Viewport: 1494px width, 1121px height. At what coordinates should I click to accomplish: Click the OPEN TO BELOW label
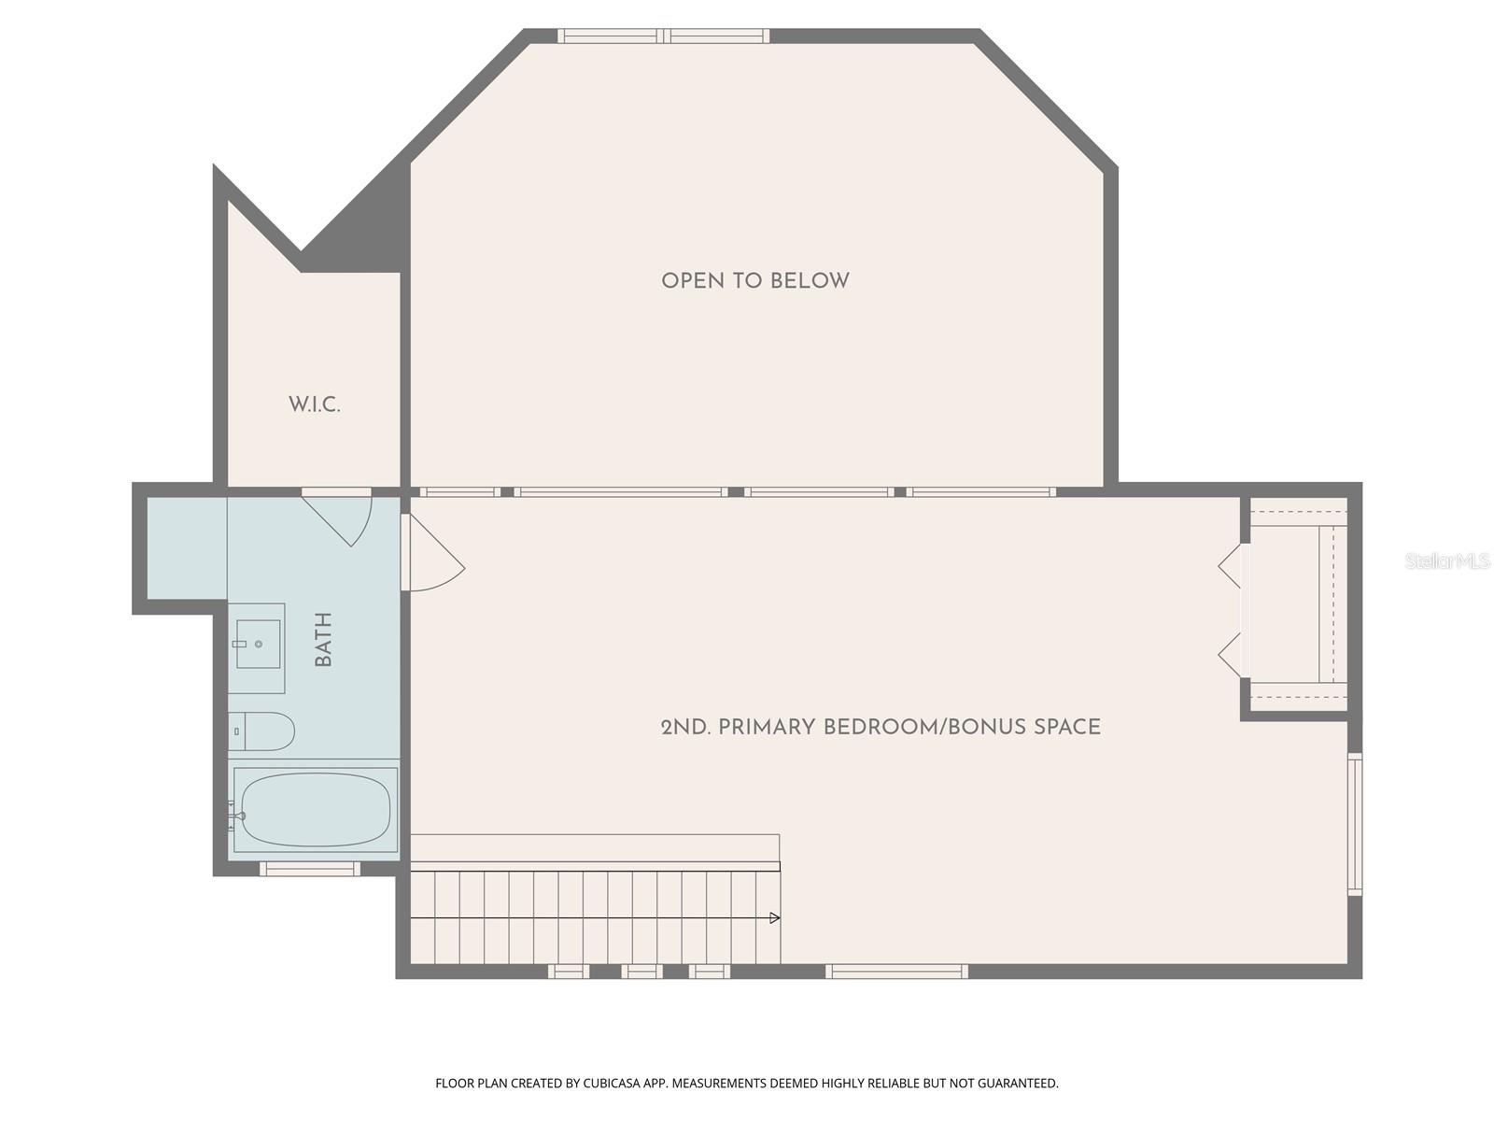tap(754, 281)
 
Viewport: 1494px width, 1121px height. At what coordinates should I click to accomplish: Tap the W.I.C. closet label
tap(314, 405)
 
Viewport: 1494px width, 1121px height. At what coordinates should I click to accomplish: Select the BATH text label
tap(324, 640)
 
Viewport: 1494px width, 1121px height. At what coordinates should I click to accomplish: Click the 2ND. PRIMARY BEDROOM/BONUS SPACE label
tap(881, 728)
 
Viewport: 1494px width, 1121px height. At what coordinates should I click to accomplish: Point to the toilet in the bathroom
tap(262, 731)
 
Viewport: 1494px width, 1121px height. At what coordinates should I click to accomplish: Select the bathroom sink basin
tap(258, 644)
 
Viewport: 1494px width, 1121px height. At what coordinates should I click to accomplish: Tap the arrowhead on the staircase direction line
tap(774, 918)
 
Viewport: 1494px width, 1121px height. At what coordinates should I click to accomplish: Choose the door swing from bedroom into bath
tap(434, 557)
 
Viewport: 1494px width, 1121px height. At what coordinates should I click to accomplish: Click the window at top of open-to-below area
tap(663, 36)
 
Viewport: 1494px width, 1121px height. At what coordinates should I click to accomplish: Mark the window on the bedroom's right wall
tap(1355, 824)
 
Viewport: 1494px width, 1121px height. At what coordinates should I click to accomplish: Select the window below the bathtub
tap(309, 869)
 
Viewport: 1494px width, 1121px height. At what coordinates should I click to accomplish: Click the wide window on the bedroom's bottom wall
tap(896, 972)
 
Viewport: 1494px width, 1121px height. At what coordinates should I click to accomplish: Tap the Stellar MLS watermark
tap(1447, 561)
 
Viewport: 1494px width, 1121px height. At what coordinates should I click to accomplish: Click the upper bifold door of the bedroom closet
tap(1231, 565)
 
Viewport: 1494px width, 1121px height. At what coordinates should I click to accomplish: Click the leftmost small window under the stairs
tap(568, 972)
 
